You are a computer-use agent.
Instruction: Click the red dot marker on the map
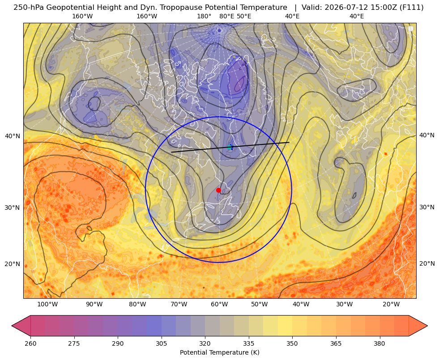[218, 190]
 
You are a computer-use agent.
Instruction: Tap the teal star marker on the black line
[230, 147]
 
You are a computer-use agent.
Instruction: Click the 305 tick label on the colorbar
[161, 343]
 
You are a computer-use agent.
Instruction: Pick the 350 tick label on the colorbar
[292, 343]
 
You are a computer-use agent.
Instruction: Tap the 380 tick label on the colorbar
[379, 343]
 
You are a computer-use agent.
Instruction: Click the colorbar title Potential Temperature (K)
[219, 352]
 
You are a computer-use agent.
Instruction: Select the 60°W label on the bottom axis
[219, 305]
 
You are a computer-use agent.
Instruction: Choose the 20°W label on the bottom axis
[391, 305]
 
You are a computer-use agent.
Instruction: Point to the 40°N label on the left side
[13, 136]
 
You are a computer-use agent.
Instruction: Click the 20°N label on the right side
[427, 263]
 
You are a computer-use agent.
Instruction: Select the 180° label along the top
[204, 17]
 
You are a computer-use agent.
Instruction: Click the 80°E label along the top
[227, 17]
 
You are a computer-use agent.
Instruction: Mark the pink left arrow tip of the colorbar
[12, 326]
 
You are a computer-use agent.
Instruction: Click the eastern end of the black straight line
[289, 142]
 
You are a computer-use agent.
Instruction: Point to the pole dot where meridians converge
[219, 30]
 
